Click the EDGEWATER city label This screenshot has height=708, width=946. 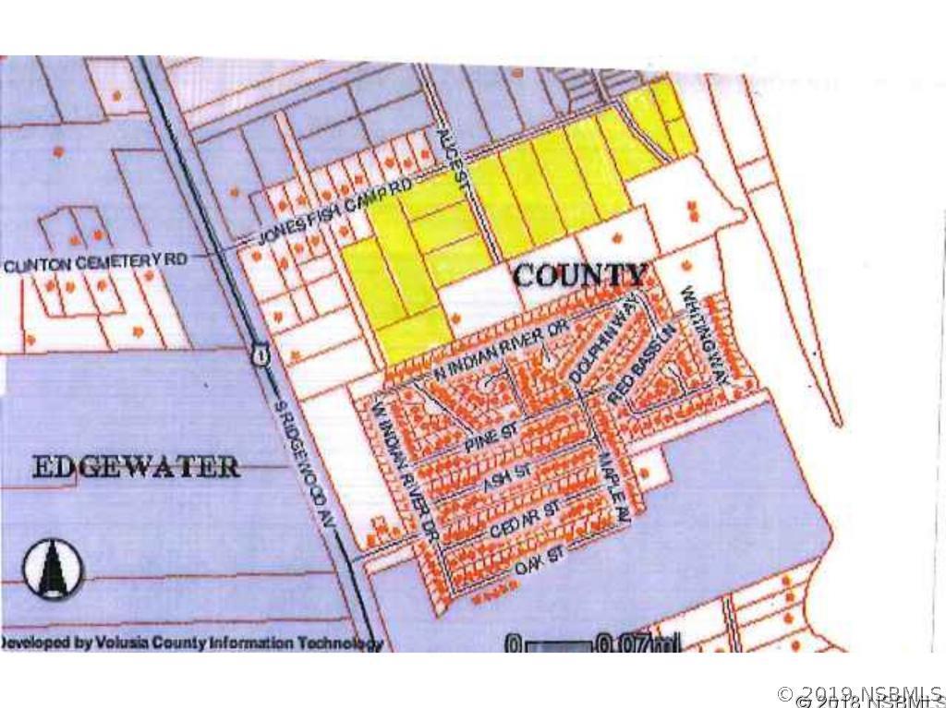pos(136,466)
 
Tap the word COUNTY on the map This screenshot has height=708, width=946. pos(579,274)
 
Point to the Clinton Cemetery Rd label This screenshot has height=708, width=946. pos(95,262)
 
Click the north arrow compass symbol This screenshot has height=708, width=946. pos(53,566)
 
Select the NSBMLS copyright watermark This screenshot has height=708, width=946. pos(860,695)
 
